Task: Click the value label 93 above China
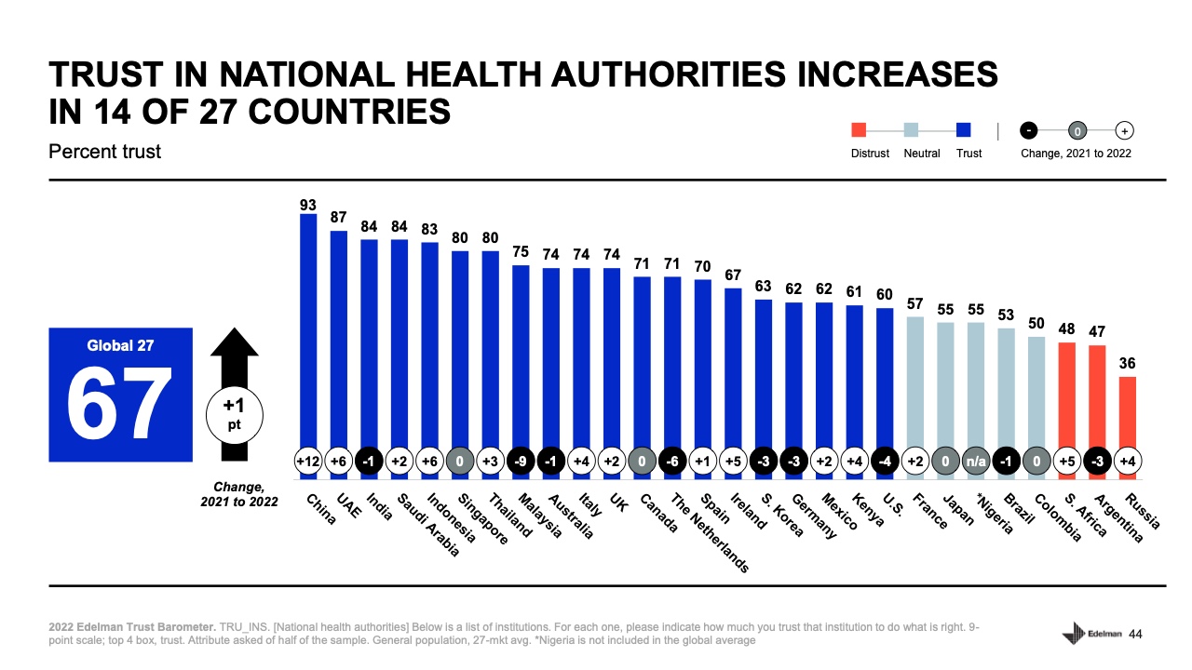[x=308, y=203]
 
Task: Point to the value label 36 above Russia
[x=1127, y=364]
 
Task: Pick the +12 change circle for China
[x=308, y=462]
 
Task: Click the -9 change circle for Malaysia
[x=521, y=462]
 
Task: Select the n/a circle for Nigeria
[x=975, y=462]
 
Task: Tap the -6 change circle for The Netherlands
[x=672, y=462]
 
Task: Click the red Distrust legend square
[x=860, y=131]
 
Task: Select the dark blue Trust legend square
[x=964, y=131]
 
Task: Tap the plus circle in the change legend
[x=1124, y=131]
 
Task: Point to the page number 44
[x=1135, y=635]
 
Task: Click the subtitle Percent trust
[x=104, y=151]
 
